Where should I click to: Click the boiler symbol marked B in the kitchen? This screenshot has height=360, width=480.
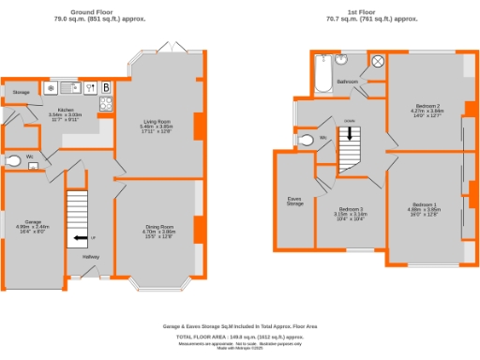pos(107,89)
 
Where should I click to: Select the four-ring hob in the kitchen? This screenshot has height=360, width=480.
pos(106,104)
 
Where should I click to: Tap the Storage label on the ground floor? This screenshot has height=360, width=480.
pos(21,93)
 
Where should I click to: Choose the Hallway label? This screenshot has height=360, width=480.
pos(91,256)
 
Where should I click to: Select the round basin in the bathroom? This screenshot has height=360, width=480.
pos(348,62)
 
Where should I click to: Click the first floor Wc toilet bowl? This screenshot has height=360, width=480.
pos(303,141)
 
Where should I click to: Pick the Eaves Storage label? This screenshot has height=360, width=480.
pos(294,200)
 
